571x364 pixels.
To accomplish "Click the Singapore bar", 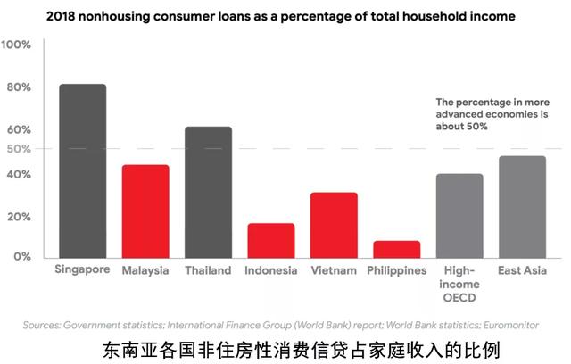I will [83, 170].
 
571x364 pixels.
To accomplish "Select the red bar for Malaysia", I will [145, 211].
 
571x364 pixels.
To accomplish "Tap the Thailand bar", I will [208, 191].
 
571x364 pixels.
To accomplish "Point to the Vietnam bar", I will [334, 224].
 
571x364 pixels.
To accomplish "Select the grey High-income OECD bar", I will [459, 215].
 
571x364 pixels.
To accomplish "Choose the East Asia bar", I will [522, 206].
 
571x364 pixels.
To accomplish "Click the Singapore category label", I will [82, 270].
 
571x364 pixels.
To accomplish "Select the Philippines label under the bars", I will [396, 270].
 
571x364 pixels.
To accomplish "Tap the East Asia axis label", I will [522, 270].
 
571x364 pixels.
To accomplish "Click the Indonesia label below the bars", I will [271, 270].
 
